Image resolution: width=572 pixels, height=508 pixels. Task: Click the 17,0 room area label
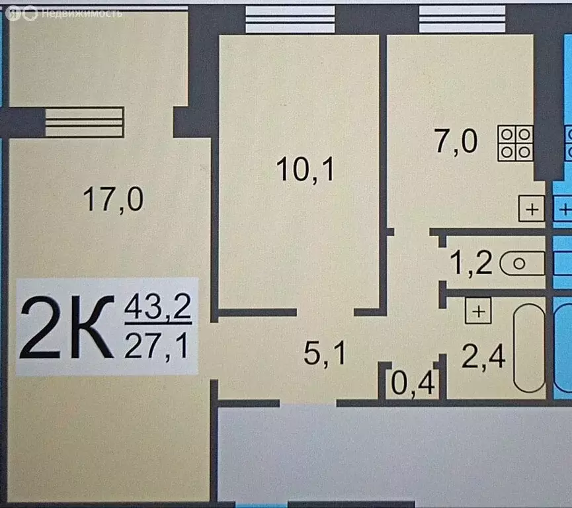[x=114, y=199]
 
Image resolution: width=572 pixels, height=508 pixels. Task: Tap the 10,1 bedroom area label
[x=306, y=169]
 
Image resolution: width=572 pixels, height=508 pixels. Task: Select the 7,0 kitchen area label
[x=456, y=142]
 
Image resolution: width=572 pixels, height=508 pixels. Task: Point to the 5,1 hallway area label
[x=324, y=353]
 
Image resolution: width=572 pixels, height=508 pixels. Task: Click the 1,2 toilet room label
[x=471, y=263]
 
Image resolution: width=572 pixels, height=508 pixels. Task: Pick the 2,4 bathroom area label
[x=483, y=357]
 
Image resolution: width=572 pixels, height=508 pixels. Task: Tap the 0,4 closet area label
[x=413, y=384]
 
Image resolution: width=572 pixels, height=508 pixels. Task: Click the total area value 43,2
[x=158, y=306]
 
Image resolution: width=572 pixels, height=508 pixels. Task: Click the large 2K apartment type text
[x=67, y=327]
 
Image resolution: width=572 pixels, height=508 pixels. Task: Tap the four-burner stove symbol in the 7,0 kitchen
[x=515, y=143]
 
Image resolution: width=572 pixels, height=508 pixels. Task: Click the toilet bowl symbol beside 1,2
[x=522, y=263]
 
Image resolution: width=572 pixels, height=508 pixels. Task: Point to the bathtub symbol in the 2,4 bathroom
[x=529, y=348]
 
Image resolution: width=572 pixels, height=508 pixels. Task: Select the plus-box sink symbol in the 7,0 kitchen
[x=532, y=209]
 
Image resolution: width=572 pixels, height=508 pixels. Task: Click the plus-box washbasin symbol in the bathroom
[x=478, y=311]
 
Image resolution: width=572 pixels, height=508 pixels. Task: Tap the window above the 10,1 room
[x=290, y=19]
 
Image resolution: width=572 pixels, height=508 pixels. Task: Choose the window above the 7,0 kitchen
[x=462, y=19]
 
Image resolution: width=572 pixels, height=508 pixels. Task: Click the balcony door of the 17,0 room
[x=84, y=122]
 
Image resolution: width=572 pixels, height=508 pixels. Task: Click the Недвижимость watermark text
[x=82, y=13]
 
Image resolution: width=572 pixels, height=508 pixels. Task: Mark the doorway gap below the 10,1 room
[x=325, y=312]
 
